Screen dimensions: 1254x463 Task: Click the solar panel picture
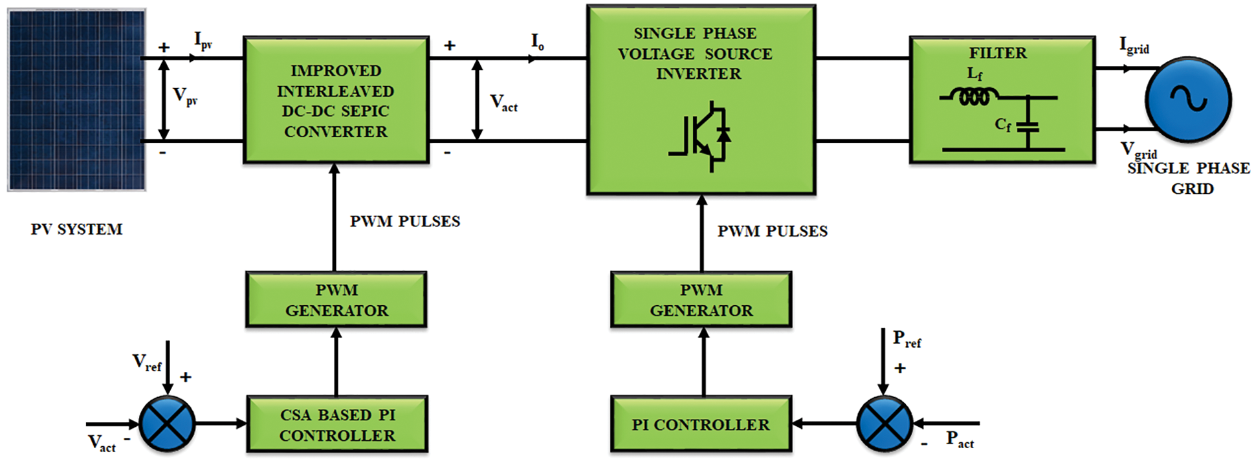tap(77, 100)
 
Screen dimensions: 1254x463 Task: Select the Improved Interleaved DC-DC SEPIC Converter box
tap(336, 100)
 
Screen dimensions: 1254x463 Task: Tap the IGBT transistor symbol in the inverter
tap(701, 136)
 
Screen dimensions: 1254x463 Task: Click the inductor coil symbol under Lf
tap(974, 97)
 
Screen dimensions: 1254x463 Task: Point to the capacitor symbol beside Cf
tap(1028, 125)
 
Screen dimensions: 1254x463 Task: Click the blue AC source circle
tap(1188, 100)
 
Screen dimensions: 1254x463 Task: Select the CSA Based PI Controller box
tap(336, 424)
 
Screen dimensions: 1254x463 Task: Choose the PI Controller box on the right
tap(701, 424)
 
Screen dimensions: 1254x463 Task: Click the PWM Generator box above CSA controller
tap(336, 299)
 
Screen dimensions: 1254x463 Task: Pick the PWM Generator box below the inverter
tap(701, 299)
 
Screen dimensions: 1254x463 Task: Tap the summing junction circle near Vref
tap(168, 424)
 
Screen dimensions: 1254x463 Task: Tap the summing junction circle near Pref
tap(885, 424)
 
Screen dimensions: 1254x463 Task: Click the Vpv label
tap(185, 96)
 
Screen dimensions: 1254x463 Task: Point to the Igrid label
tap(1134, 45)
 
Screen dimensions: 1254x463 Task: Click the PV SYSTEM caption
tap(76, 229)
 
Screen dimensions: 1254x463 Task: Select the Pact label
tap(960, 440)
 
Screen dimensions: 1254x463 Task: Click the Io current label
tap(538, 42)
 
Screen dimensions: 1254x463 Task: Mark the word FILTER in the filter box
tap(998, 53)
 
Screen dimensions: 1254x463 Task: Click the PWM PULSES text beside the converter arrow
tap(405, 221)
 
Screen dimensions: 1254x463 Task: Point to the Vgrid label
tap(1139, 150)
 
